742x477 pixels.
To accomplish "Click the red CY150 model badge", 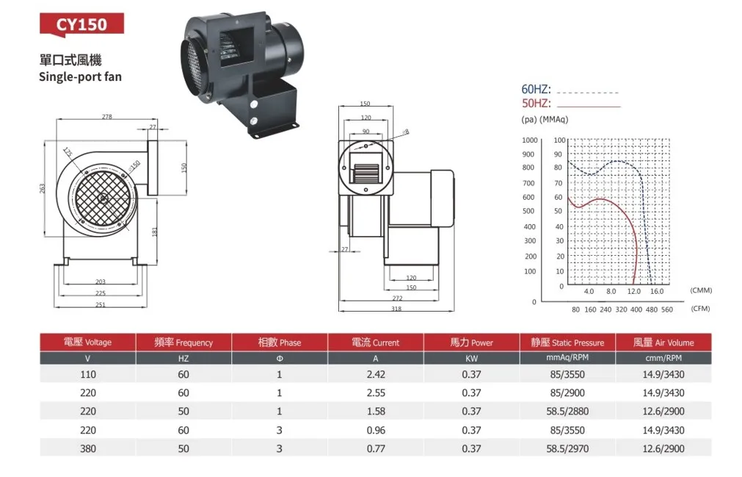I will [82, 24].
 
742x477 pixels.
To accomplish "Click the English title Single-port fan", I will [80, 76].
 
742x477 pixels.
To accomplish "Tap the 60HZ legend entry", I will [536, 89].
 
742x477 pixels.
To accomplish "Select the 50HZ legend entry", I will [536, 103].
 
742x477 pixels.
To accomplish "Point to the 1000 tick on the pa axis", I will [528, 140].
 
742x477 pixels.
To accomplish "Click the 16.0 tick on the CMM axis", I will [657, 292].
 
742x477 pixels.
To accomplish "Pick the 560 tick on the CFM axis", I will [666, 309].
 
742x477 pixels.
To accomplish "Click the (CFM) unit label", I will [701, 309].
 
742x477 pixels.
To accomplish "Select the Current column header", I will [375, 342].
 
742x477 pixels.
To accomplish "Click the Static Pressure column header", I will [567, 342].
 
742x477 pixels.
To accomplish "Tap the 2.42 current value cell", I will [375, 373].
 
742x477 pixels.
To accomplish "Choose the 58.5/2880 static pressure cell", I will [567, 412].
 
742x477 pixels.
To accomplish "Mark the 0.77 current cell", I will [375, 448].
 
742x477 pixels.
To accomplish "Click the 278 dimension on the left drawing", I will [107, 117].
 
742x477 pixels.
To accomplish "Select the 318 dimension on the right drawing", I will [396, 309].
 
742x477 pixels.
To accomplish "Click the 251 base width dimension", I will [101, 304].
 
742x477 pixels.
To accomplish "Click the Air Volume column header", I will [663, 342].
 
